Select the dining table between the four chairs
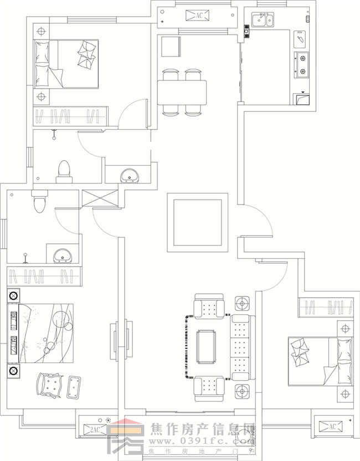coord(182,92)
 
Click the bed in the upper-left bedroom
coord(66,64)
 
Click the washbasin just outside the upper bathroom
coord(131,176)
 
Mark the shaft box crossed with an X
coord(100,198)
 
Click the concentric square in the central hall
coord(198,222)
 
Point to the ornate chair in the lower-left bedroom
coord(50,384)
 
